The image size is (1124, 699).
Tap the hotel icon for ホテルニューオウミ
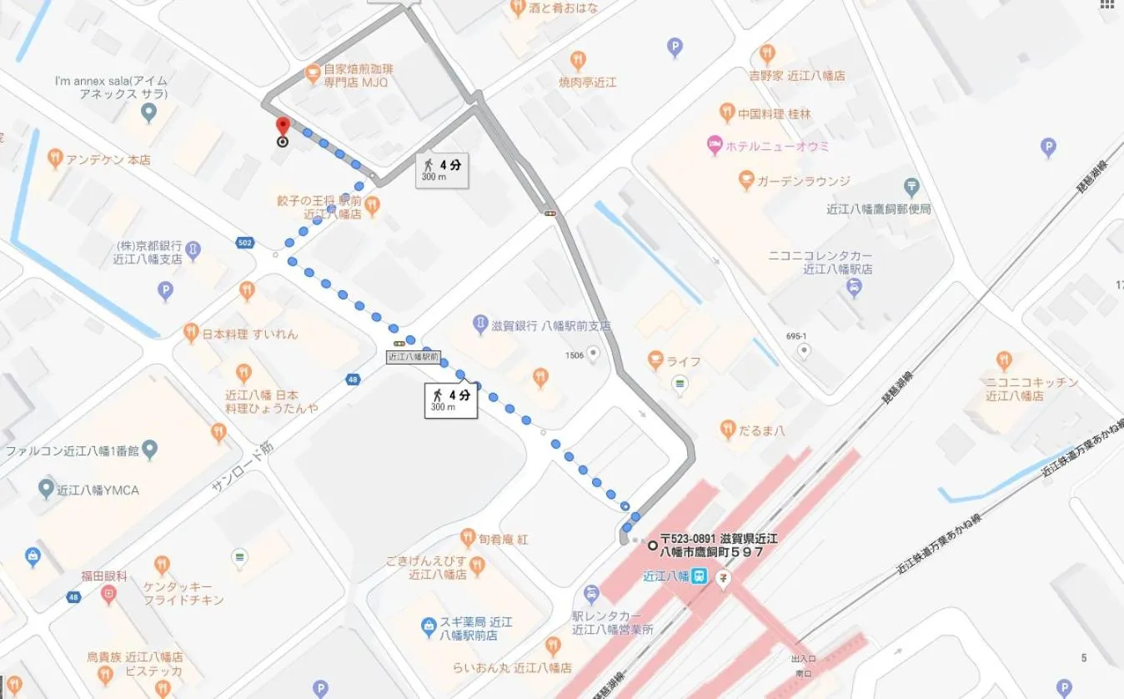[714, 145]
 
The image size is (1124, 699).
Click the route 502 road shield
[243, 243]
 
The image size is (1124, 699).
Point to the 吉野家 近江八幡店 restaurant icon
[767, 55]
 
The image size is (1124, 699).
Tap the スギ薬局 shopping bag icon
[429, 624]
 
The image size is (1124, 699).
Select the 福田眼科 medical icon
[108, 594]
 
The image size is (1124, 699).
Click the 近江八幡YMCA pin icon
[47, 489]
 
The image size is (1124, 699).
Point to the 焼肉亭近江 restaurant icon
[578, 60]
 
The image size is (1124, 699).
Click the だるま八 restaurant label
[764, 430]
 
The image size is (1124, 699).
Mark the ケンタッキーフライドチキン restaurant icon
[162, 566]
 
